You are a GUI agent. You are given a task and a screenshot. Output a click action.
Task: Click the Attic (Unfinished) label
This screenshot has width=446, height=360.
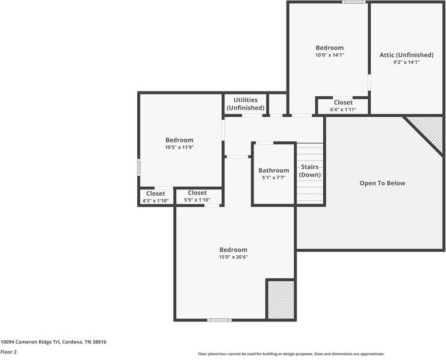(406, 55)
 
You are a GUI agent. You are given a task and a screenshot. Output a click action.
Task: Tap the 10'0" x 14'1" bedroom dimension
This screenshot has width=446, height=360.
(329, 55)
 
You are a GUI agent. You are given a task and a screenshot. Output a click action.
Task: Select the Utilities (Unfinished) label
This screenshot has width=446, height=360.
(246, 104)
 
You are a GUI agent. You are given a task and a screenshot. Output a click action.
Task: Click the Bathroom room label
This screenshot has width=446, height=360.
(274, 170)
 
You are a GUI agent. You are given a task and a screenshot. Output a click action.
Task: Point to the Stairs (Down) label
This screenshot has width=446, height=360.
(310, 170)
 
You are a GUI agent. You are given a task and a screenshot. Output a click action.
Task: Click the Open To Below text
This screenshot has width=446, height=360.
(382, 183)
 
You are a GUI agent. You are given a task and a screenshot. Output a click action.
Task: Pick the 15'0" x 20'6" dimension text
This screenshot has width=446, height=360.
(233, 257)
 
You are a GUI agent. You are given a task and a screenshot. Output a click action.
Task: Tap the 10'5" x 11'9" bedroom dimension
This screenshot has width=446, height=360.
(179, 147)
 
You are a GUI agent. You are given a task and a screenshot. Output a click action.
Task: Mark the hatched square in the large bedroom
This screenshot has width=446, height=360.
(280, 299)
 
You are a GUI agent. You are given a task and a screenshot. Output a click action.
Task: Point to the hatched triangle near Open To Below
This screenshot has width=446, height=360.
(430, 128)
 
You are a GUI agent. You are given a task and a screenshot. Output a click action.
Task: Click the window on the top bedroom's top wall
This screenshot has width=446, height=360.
(354, 2)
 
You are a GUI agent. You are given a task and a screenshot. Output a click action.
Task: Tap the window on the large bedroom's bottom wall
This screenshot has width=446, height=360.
(219, 320)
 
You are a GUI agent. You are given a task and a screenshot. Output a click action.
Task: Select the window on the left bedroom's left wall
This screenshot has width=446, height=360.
(139, 167)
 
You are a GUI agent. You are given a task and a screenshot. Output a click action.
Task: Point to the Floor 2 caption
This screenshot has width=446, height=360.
(8, 352)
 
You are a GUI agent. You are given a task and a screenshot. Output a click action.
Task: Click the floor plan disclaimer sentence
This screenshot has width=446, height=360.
(291, 354)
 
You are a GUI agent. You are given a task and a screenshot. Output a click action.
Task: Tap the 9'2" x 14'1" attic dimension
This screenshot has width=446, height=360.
(406, 62)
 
